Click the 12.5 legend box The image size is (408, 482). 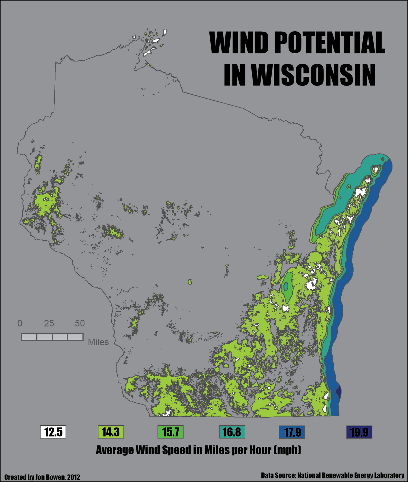(x=53, y=432)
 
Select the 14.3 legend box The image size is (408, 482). (x=111, y=432)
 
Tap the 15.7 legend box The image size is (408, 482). (x=171, y=432)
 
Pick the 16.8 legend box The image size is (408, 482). (x=232, y=432)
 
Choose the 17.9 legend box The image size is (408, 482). (x=292, y=432)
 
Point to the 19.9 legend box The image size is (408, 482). (x=359, y=432)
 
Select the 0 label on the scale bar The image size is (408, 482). (x=20, y=324)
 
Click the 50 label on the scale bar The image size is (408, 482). (x=80, y=324)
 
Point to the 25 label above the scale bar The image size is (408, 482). (x=49, y=324)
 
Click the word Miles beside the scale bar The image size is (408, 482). (x=98, y=342)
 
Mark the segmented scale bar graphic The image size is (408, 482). (x=52, y=337)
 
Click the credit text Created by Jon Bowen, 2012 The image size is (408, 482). (x=42, y=477)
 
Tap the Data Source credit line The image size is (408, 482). (x=333, y=475)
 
